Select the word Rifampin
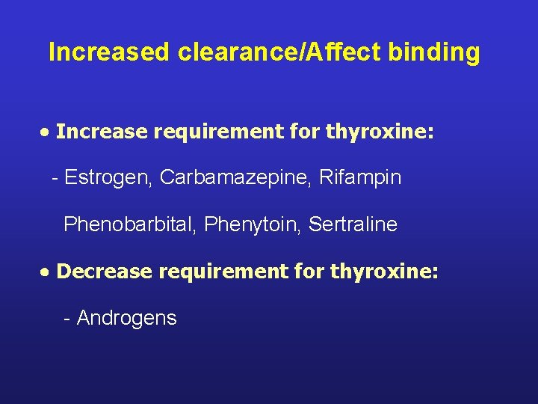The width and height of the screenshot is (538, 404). tap(360, 178)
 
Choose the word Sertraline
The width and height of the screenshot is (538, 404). tap(353, 224)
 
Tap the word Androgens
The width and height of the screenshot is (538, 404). tap(127, 318)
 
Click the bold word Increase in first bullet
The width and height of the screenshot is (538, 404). tap(102, 132)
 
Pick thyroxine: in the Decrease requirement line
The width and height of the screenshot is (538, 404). tap(384, 271)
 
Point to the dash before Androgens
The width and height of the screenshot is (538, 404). tap(67, 319)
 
